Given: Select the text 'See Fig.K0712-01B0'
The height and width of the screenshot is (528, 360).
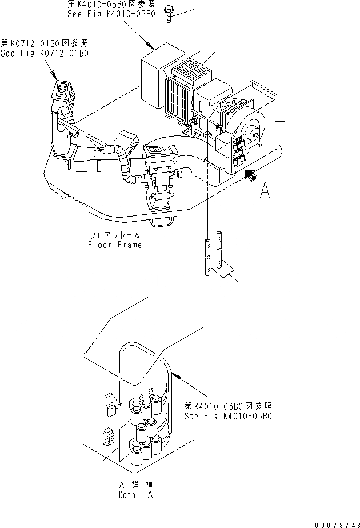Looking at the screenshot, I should pos(45,53).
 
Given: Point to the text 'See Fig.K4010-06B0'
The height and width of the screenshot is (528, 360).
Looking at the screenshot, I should pos(228,416).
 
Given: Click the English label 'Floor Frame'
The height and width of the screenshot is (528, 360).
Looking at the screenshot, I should pos(114,245).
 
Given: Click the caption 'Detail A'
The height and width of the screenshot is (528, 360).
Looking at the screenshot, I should pos(136,495).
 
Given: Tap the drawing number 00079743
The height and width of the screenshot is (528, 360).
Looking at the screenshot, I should pos(337,522).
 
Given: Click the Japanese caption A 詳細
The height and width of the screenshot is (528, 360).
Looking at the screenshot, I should pos(135,485).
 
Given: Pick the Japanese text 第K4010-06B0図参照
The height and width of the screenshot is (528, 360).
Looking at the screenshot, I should pos(227,406).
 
